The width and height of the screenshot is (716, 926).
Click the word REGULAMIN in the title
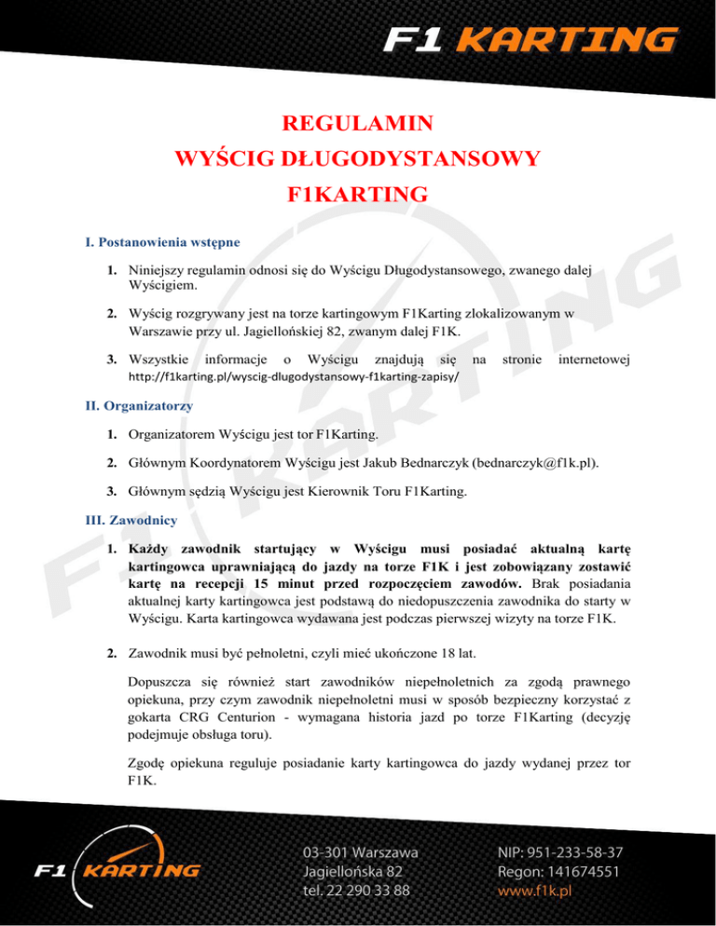coord(357,123)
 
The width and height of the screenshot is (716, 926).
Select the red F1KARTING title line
coord(357,195)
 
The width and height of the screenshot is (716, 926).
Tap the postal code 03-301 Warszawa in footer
coord(360,851)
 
